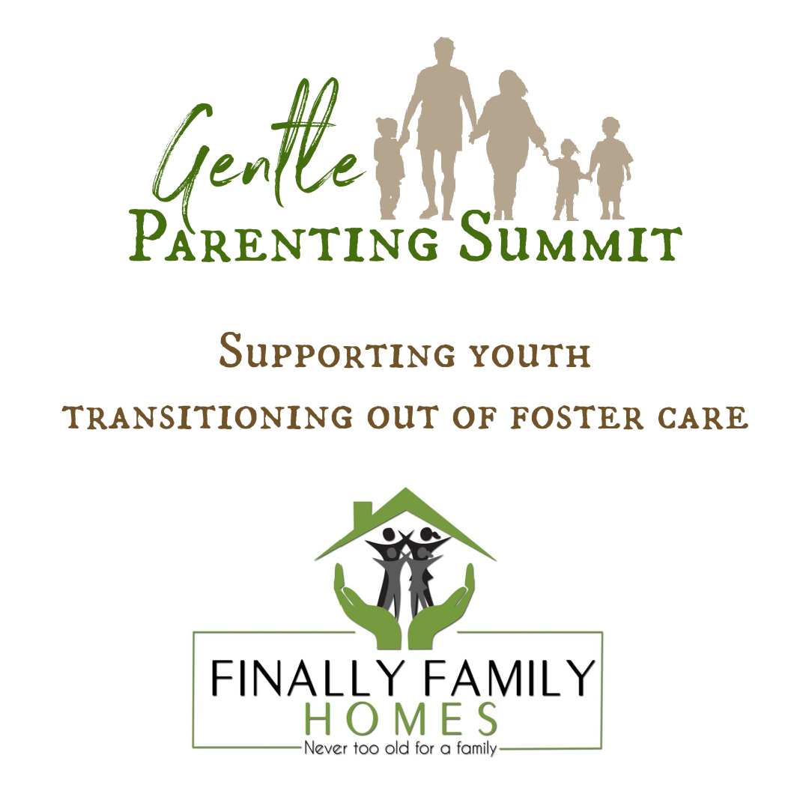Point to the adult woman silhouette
click(508, 145)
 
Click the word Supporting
click(337, 352)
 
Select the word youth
click(530, 356)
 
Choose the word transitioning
click(207, 418)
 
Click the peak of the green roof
click(405, 488)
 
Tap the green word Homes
click(401, 719)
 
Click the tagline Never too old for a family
click(400, 748)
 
